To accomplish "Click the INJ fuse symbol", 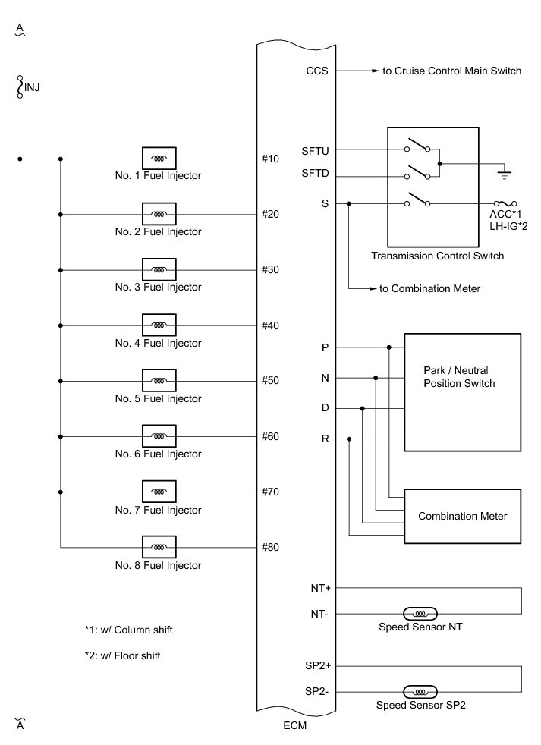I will tap(20, 87).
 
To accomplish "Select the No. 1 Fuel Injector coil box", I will tap(159, 159).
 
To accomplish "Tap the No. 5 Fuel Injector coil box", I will tap(159, 381).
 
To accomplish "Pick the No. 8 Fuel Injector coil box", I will tap(159, 547).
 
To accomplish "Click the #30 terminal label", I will tap(271, 269).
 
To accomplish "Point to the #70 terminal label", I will tap(271, 492).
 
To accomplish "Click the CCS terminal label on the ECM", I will tap(316, 71).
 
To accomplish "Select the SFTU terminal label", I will tap(314, 149).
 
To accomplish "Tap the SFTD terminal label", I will tap(314, 177).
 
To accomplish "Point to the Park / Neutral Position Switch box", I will tap(463, 391).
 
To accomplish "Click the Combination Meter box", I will tap(463, 516).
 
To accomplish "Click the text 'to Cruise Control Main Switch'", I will tap(451, 71).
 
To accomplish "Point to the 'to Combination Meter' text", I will tap(430, 289).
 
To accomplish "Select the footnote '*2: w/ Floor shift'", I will tap(122, 655).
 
